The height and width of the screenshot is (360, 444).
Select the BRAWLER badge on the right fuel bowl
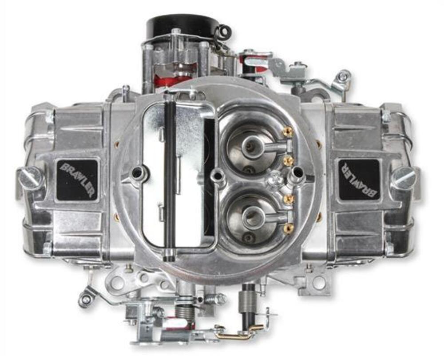(x=359, y=179)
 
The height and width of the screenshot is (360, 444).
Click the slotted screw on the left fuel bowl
(x=31, y=178)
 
